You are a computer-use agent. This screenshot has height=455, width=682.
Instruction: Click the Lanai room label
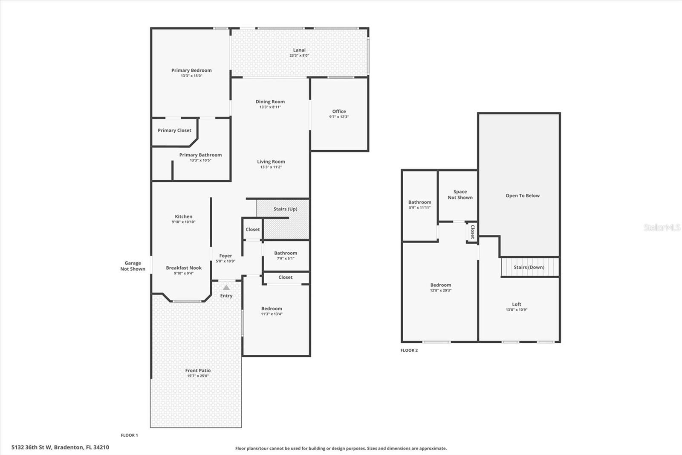coord(299,50)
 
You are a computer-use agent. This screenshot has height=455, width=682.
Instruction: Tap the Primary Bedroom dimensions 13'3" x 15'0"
coord(191,76)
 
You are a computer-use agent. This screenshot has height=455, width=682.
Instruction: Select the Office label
coord(339,111)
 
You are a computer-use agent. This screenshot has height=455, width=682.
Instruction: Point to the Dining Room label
coord(270,102)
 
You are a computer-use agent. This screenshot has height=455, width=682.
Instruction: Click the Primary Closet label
coord(174,131)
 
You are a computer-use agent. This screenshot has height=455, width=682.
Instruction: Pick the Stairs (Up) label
coord(285,209)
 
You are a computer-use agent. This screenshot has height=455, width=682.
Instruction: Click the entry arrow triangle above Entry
coord(226,288)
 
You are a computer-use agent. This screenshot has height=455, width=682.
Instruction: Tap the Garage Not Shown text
coord(133,266)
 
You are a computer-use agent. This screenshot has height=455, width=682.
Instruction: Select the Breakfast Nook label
coord(184,268)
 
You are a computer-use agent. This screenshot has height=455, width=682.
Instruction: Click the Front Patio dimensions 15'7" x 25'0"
coord(198,376)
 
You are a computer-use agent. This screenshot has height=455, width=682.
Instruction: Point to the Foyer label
coord(225,256)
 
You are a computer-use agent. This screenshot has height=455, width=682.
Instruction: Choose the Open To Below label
coord(523,196)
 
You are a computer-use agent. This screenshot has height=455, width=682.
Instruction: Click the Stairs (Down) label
coord(529,268)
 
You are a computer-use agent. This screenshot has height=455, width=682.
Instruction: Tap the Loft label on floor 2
coord(517,304)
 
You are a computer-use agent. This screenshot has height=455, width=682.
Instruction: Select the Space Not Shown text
coord(460,195)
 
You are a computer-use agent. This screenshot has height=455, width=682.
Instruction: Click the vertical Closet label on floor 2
coord(472,232)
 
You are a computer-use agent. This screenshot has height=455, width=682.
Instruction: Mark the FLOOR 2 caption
coord(409,350)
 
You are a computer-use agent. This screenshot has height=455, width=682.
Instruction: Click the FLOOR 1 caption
coord(129,435)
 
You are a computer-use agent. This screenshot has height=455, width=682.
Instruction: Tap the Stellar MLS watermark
coord(662,227)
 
